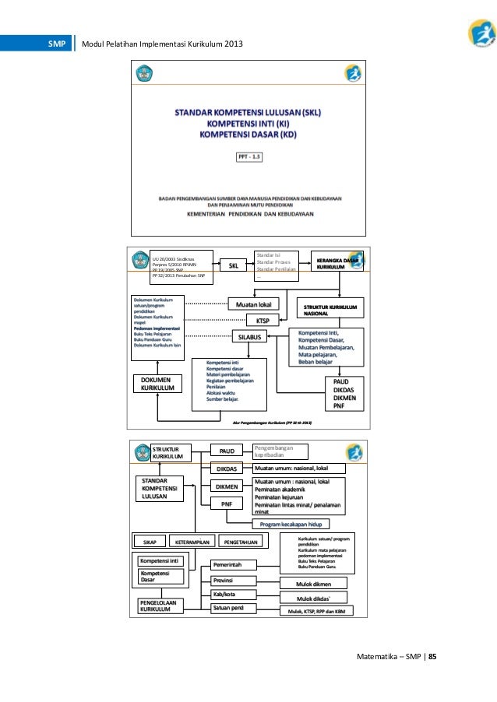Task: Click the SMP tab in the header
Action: pos(56,43)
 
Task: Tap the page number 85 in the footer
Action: pos(432,656)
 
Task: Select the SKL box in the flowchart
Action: pos(233,266)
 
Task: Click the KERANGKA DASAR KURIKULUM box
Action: pos(337,264)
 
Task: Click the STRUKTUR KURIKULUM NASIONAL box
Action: pos(330,311)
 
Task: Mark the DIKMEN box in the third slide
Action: pos(227,486)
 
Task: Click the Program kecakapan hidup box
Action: pos(291,524)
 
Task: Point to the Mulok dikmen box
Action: pos(313,583)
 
